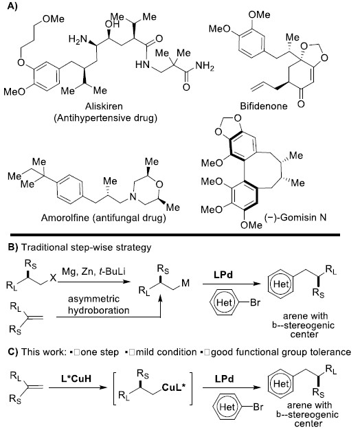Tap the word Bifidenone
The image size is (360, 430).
(264, 106)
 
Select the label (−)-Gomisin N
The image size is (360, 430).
(295, 218)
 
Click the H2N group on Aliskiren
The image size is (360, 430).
(78, 39)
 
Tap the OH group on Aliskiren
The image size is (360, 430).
(113, 24)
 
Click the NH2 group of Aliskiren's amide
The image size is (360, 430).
(205, 66)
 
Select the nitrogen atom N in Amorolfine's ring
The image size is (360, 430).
(133, 197)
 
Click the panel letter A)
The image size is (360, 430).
(12, 6)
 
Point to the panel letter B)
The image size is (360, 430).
(13, 247)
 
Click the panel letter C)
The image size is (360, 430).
(13, 352)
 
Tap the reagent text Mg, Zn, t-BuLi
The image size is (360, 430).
(93, 271)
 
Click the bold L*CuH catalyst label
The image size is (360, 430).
(76, 378)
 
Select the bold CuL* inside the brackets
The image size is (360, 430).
(174, 387)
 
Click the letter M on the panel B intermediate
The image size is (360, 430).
(185, 283)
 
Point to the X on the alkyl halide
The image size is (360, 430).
(53, 279)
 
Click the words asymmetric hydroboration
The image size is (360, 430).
(99, 304)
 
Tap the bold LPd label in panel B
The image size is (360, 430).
(223, 275)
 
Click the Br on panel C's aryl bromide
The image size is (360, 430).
(258, 407)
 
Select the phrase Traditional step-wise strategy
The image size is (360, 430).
(86, 247)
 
